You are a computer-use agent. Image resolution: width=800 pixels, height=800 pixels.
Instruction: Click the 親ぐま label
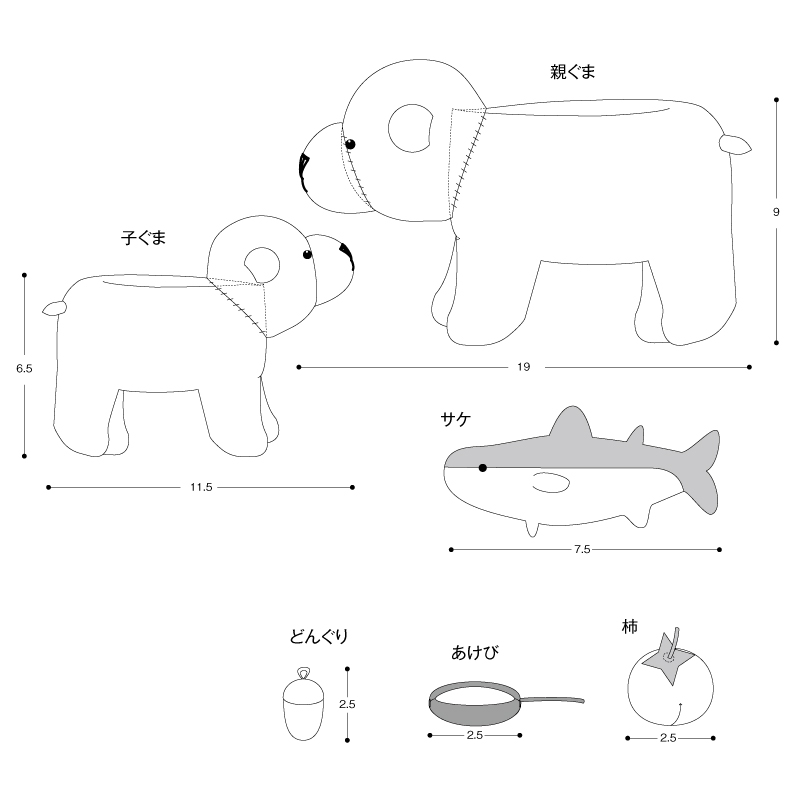[x=572, y=72]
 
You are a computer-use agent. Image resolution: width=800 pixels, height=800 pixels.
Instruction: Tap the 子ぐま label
[x=143, y=238]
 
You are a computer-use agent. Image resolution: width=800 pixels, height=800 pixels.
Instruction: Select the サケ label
[x=456, y=419]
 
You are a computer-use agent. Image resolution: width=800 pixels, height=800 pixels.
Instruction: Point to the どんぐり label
[x=319, y=636]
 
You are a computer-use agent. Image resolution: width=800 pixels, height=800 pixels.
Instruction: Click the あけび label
[x=474, y=653]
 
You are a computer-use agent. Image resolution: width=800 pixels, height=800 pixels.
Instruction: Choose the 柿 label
[x=630, y=627]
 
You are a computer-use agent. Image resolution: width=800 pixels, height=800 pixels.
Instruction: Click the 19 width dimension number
[x=523, y=367]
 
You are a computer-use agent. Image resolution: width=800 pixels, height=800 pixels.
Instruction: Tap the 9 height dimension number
[x=776, y=212]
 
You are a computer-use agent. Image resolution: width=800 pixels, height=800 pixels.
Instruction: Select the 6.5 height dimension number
[x=24, y=368]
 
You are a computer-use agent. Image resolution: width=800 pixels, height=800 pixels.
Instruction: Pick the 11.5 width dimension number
[x=201, y=487]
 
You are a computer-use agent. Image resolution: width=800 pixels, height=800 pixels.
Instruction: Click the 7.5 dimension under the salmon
[x=582, y=549]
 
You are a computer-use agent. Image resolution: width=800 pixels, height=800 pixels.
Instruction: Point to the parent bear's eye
[x=350, y=144]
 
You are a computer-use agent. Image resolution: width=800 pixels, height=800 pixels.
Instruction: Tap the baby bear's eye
[x=307, y=254]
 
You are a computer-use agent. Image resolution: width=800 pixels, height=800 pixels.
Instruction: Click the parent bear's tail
[x=735, y=144]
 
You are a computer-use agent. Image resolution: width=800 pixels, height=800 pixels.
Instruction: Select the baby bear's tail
[x=55, y=308]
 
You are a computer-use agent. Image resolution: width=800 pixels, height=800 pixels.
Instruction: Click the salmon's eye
[x=483, y=468]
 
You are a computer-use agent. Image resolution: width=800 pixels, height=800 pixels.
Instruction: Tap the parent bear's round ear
[x=411, y=129]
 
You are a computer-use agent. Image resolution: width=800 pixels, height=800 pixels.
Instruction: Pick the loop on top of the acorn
[x=304, y=673]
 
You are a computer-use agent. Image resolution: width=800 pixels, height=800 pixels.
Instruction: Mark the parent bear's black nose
[x=304, y=171]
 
